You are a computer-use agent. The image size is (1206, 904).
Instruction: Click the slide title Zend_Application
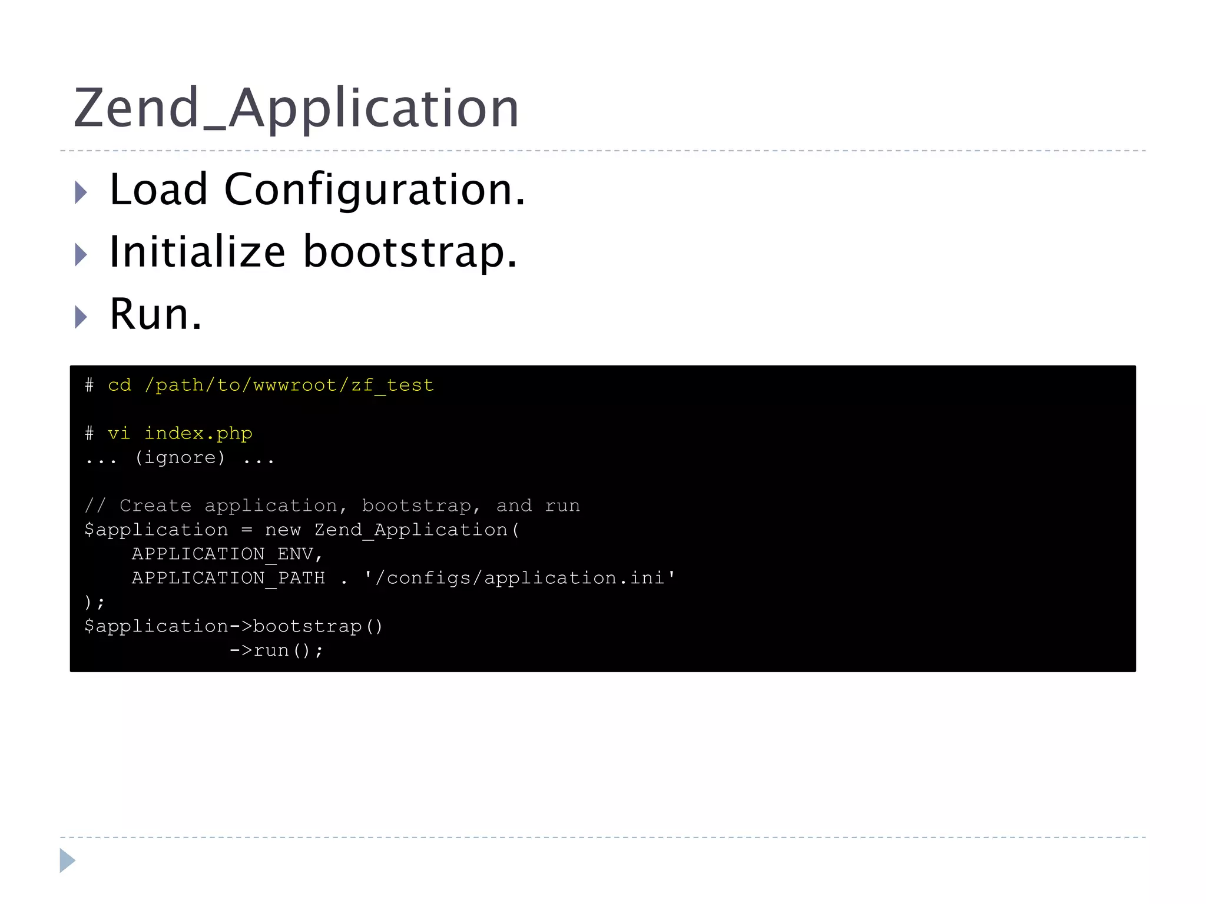point(296,108)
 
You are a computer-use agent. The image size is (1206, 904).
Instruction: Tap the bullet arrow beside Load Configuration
point(81,192)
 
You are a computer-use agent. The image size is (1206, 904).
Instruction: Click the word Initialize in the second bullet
point(198,252)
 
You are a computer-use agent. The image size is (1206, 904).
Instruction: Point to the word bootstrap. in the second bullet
point(410,252)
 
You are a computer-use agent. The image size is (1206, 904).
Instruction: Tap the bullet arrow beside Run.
point(81,317)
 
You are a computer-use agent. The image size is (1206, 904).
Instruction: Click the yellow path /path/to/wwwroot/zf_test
point(289,385)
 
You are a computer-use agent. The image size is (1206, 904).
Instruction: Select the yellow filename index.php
point(198,434)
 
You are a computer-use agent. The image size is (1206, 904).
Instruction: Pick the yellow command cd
point(120,385)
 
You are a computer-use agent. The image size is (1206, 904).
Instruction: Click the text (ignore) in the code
point(180,458)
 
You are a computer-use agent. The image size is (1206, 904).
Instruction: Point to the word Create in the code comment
point(155,506)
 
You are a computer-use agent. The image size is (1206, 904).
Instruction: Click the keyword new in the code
point(283,530)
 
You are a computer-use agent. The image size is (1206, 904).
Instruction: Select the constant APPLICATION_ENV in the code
point(223,554)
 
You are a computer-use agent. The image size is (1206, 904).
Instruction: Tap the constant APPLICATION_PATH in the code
point(228,578)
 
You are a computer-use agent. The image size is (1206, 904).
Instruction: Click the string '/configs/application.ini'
point(520,578)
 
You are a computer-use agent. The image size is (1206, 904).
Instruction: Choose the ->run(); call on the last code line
point(276,650)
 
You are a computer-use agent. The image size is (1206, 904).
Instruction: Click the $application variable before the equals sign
point(156,530)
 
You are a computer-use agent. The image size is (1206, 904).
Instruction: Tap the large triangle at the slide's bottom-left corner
point(67,860)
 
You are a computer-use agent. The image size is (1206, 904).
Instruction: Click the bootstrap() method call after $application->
point(318,626)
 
